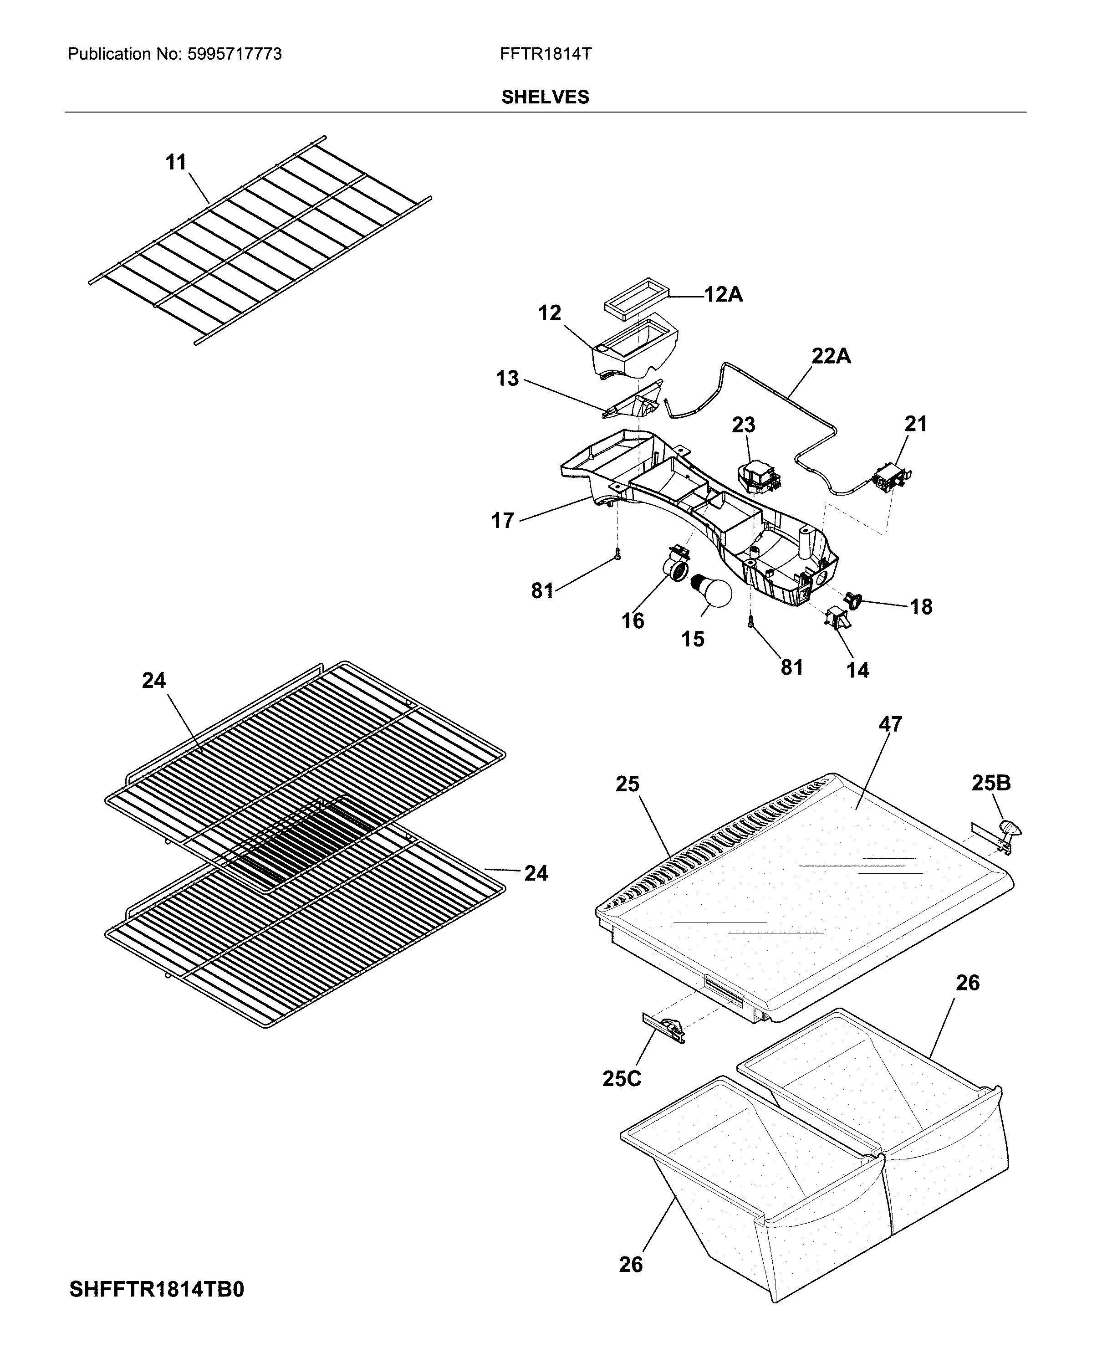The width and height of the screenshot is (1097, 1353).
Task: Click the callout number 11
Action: (x=176, y=163)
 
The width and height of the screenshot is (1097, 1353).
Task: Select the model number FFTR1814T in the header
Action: (x=546, y=54)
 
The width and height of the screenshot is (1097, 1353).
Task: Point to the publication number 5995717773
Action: (x=235, y=54)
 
